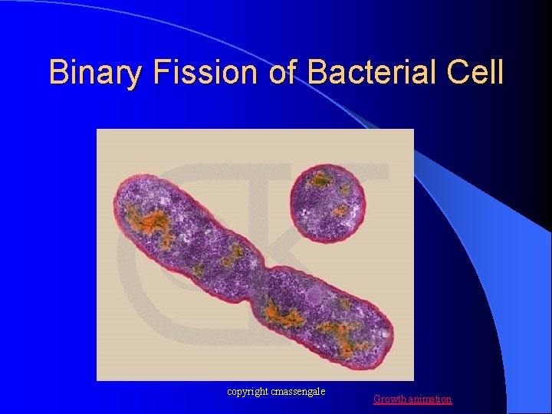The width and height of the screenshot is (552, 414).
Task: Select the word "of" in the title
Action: (282, 73)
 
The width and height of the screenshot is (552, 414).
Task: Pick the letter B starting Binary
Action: (58, 73)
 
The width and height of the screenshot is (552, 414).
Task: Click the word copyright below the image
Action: (247, 392)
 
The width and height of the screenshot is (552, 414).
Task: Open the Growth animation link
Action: (412, 399)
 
